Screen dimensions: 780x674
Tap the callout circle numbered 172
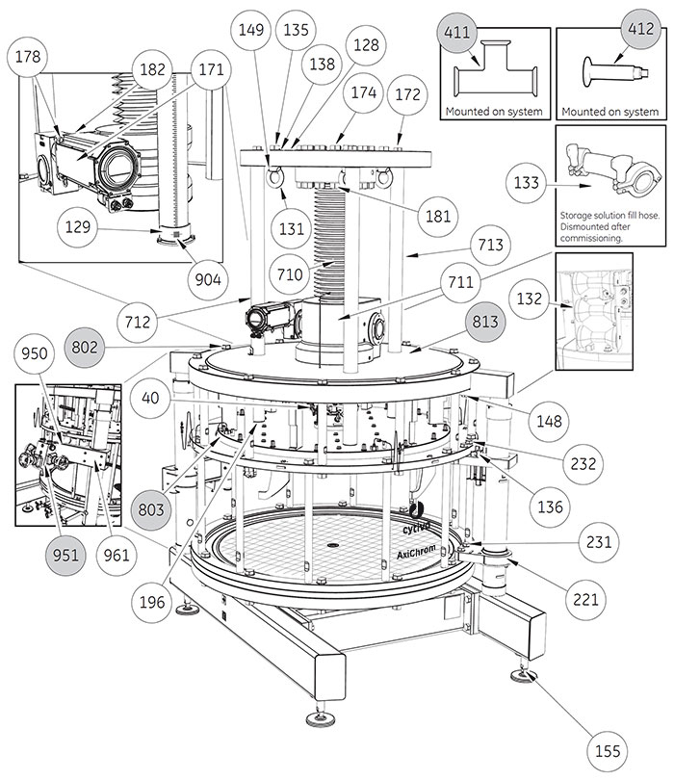[406, 96]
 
